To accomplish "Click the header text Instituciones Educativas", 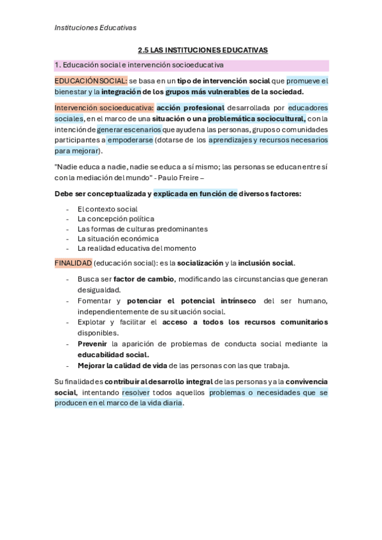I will coord(95,27).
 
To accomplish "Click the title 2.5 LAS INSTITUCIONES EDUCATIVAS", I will coord(203,50).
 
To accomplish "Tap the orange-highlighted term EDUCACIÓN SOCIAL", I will coord(91,81).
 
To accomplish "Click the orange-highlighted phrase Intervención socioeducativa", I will coord(104,108).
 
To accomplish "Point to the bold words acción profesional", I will coord(190,108).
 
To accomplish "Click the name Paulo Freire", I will coord(182,177).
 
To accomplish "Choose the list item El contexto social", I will coord(107,209).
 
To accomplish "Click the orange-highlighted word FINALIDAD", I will coord(73,263).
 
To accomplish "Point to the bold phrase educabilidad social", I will coord(113,355).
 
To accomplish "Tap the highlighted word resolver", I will coord(136,392).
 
